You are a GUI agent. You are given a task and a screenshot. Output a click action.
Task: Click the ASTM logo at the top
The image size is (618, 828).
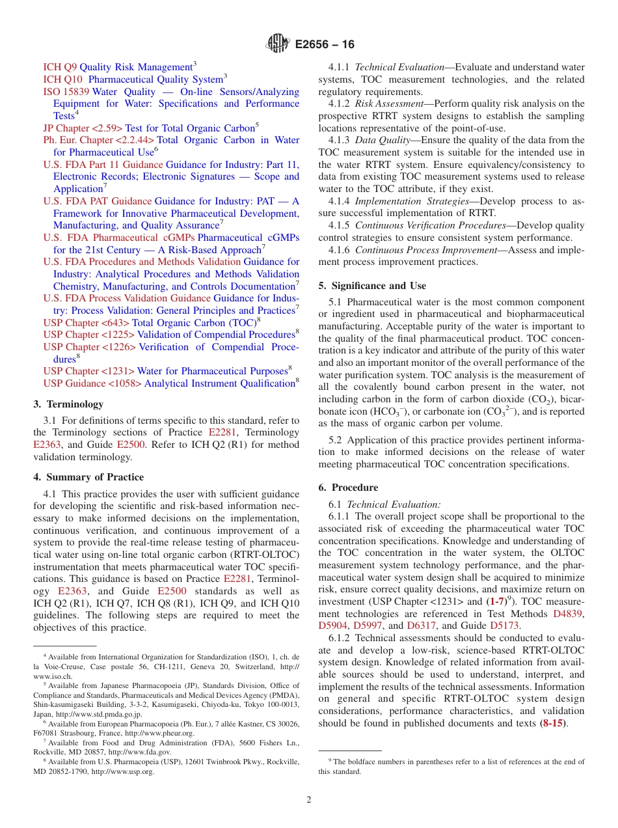pyautogui.click(x=278, y=44)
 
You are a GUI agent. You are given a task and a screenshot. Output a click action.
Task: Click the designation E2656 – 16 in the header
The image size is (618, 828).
pyautogui.click(x=325, y=44)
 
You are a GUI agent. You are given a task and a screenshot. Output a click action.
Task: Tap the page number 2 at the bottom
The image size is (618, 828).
pyautogui.click(x=309, y=800)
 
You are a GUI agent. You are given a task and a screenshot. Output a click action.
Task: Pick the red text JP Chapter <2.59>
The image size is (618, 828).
pyautogui.click(x=83, y=128)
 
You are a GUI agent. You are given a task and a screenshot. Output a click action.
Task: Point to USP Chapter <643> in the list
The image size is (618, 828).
pyautogui.click(x=87, y=322)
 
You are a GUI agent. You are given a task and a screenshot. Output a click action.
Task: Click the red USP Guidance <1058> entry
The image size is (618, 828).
pyautogui.click(x=92, y=383)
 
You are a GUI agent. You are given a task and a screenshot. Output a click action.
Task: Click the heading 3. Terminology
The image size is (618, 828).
pyautogui.click(x=68, y=404)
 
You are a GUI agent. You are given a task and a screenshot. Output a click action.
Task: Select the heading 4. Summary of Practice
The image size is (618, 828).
pyautogui.click(x=88, y=477)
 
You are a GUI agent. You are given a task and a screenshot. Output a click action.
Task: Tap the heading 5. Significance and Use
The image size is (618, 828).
pyautogui.click(x=372, y=286)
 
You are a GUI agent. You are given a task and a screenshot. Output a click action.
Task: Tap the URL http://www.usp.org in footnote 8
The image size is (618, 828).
pyautogui.click(x=122, y=771)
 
